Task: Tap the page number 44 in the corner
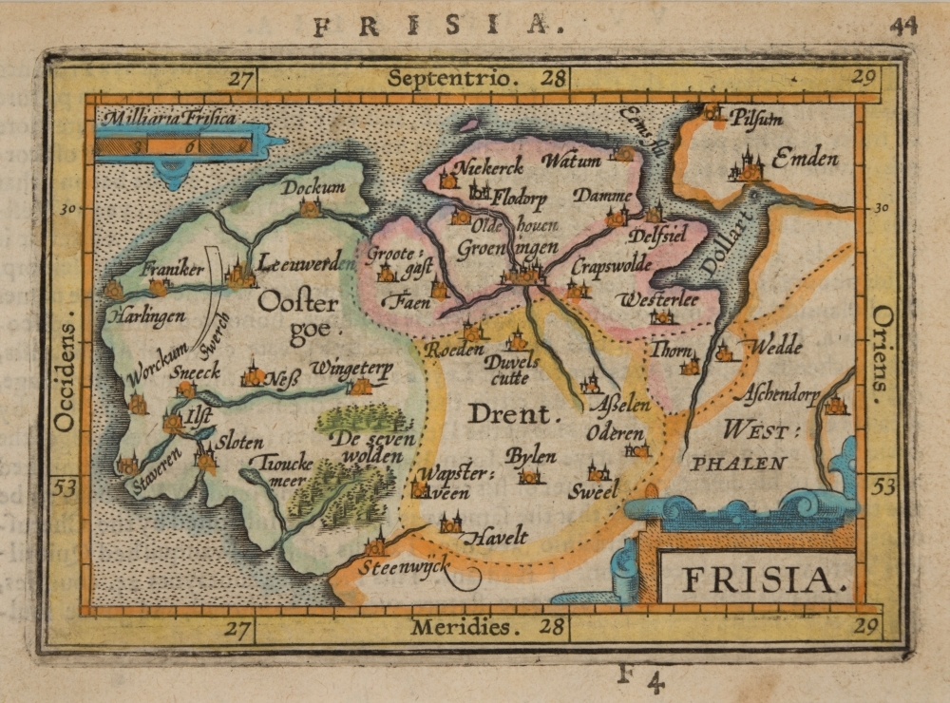(903, 26)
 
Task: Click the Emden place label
(804, 159)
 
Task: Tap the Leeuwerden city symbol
(239, 276)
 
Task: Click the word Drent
(509, 414)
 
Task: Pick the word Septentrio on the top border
(455, 78)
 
